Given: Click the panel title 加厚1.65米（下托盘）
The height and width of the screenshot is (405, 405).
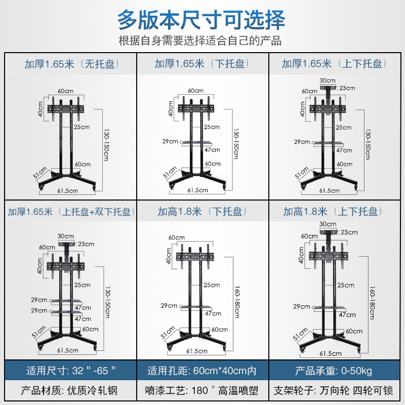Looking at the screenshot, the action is (202, 64).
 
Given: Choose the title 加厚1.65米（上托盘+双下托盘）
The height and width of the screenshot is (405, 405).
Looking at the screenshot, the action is (71, 212).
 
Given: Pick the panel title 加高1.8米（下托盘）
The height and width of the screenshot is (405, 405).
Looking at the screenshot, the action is (202, 212).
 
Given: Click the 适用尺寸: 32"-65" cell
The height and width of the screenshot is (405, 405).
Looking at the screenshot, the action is (71, 371).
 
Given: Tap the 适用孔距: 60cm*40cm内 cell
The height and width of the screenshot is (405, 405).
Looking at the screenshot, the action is (202, 371).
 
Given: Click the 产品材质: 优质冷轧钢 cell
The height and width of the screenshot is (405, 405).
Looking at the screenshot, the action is (71, 391).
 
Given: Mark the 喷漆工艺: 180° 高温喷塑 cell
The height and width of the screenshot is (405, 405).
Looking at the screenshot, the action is (202, 391).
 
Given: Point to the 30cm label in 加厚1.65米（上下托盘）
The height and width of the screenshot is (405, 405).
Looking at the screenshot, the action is (328, 80).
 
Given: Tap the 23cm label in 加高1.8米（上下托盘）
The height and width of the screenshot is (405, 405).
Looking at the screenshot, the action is (349, 232).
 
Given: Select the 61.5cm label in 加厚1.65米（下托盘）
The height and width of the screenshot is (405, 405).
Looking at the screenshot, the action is (197, 190).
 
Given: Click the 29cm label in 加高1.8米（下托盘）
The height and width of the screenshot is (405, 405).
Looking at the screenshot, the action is (169, 305).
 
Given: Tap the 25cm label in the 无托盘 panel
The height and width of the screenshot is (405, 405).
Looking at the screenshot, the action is (81, 127).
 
